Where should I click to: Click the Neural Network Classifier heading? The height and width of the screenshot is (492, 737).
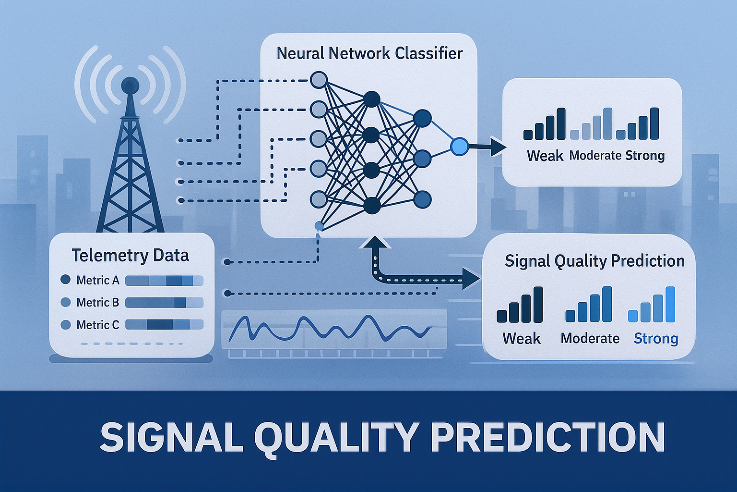click(369, 53)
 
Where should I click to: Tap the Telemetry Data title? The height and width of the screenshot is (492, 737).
click(131, 256)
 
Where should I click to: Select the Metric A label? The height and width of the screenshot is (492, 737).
click(98, 280)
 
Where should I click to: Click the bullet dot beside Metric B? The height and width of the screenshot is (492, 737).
click(66, 302)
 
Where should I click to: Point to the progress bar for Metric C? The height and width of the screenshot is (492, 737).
click(164, 325)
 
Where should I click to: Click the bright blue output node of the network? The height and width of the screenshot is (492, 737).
click(459, 147)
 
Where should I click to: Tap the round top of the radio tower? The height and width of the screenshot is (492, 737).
click(130, 86)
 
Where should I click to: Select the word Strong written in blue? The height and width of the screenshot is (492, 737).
click(656, 338)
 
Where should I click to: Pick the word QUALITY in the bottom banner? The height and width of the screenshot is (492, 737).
click(334, 438)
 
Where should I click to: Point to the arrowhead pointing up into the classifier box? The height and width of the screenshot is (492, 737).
click(375, 242)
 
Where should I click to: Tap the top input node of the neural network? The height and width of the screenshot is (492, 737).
click(319, 80)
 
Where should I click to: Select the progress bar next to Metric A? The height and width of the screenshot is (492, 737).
click(164, 281)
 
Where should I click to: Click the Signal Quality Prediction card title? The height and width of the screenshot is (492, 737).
click(595, 261)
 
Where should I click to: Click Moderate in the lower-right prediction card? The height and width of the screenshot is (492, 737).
click(590, 338)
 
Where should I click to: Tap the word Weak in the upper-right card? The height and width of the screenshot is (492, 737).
click(545, 156)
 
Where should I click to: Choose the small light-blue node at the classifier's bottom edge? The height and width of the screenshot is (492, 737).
click(319, 226)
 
